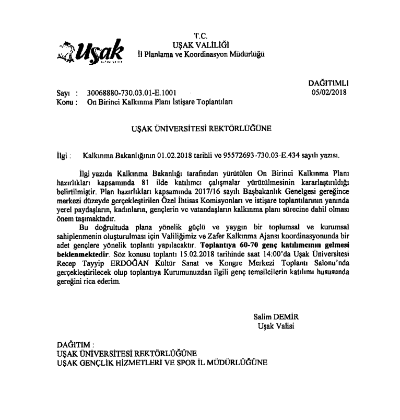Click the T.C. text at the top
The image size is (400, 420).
click(x=201, y=36)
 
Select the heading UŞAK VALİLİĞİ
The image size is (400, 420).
click(x=201, y=45)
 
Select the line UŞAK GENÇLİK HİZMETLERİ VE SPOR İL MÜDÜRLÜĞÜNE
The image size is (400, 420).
click(x=161, y=361)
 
